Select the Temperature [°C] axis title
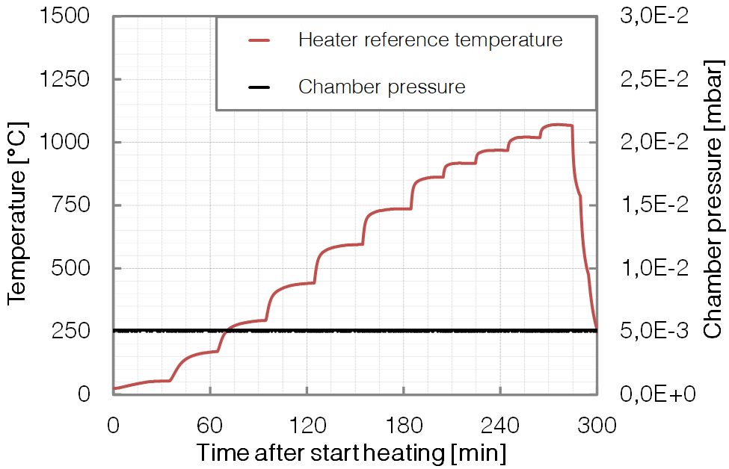(17, 205)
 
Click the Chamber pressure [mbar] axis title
(713, 205)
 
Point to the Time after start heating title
(351, 453)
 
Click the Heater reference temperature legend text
(430, 40)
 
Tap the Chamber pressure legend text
(381, 87)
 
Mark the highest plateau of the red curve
(557, 125)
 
